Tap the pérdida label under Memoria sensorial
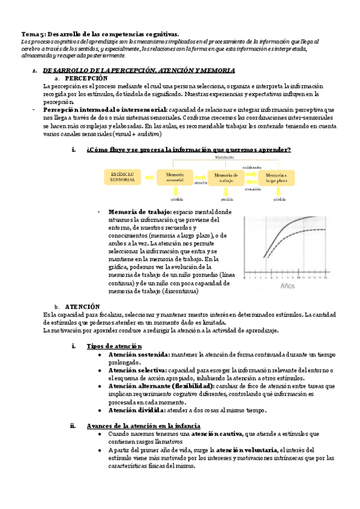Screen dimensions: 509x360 click(176, 198)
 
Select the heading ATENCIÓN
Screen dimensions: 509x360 click(82, 306)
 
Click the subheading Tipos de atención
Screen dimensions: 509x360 click(114, 346)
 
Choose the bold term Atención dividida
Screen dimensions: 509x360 click(136, 410)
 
